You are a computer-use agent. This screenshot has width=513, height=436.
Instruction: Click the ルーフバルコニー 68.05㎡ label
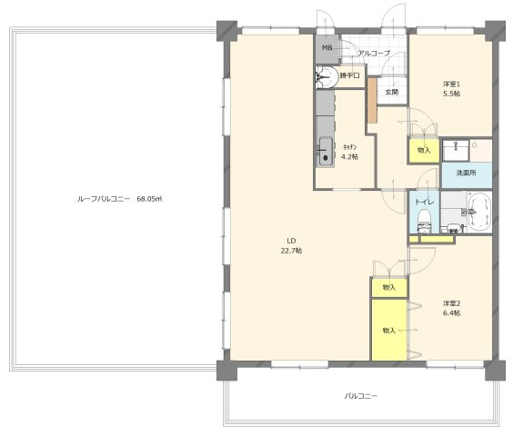click(x=120, y=199)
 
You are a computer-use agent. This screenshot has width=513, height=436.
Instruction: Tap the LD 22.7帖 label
click(x=291, y=246)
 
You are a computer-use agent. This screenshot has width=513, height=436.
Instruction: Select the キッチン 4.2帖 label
click(x=350, y=152)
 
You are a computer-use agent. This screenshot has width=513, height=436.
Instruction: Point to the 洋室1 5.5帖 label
click(x=451, y=89)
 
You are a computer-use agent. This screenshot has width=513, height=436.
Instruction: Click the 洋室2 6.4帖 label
click(x=451, y=308)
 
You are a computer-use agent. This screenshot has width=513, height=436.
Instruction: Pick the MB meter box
click(x=327, y=49)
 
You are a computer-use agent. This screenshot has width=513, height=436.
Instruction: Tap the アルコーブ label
click(x=374, y=53)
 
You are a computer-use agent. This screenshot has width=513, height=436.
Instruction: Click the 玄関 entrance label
click(x=392, y=92)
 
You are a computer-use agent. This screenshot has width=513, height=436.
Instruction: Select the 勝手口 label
click(x=350, y=75)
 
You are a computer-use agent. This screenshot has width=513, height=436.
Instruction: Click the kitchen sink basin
click(x=326, y=151)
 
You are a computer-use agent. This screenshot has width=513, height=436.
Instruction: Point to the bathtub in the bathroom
click(x=480, y=213)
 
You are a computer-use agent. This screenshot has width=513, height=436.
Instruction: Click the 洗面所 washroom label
click(x=467, y=173)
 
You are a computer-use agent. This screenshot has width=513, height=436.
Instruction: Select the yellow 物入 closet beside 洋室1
click(x=424, y=151)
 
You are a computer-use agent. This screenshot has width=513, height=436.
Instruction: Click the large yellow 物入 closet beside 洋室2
click(x=389, y=330)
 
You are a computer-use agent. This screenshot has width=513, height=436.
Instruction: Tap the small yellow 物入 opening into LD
click(x=389, y=287)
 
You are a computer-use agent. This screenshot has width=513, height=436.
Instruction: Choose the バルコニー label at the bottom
click(x=361, y=396)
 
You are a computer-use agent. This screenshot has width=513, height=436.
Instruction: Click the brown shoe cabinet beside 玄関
click(x=372, y=100)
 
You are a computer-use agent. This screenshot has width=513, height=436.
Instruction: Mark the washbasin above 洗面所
click(x=456, y=150)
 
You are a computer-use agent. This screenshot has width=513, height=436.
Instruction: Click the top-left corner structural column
click(x=226, y=31)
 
